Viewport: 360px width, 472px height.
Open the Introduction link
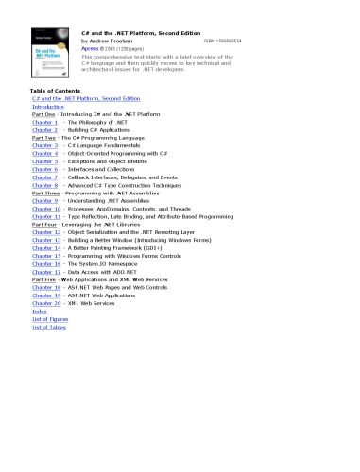(48, 106)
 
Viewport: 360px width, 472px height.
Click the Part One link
(43, 113)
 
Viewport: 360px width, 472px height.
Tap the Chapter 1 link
(45, 122)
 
